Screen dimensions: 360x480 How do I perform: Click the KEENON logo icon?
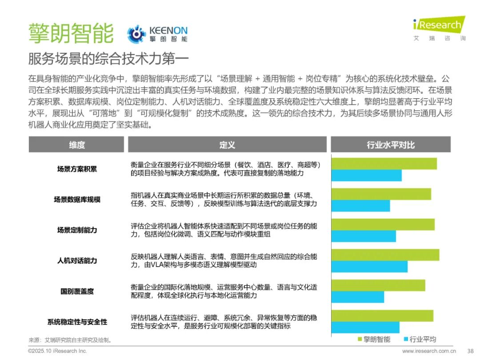click(136, 34)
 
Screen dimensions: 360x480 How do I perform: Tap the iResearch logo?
click(439, 26)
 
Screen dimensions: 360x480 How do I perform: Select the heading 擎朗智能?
click(71, 33)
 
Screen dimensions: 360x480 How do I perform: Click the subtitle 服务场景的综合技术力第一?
click(108, 59)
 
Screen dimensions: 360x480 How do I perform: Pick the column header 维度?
click(77, 144)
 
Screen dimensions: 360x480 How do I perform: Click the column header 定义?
click(227, 144)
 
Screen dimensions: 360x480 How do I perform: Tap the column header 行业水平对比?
click(391, 144)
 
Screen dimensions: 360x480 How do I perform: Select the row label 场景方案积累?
click(77, 169)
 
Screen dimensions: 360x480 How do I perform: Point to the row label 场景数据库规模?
click(77, 200)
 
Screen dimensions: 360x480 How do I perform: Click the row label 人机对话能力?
click(77, 260)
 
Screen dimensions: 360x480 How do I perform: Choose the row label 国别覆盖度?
click(77, 292)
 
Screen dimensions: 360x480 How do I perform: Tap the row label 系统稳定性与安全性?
click(77, 322)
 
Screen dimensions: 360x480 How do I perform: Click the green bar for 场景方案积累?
click(384, 164)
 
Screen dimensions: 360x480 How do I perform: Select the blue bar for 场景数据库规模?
click(361, 206)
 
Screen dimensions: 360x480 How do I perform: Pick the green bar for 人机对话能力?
click(385, 255)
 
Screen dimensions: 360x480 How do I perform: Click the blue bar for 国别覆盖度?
click(358, 297)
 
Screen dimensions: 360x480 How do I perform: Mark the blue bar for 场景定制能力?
click(364, 236)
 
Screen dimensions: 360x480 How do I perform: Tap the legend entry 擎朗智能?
click(373, 340)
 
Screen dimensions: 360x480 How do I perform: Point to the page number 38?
click(470, 351)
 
